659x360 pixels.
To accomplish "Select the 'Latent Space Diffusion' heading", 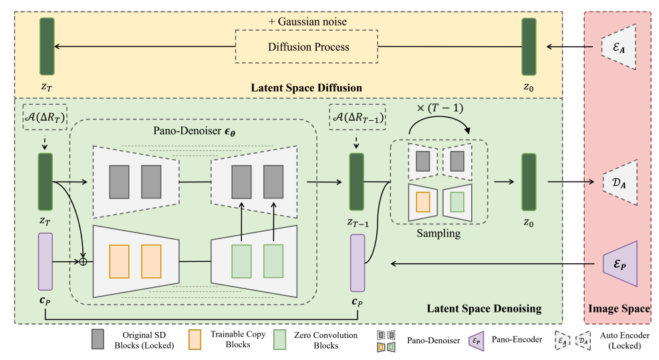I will point(306,87).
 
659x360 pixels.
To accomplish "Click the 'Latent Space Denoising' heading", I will point(484,308).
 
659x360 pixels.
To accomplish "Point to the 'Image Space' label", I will point(618,308).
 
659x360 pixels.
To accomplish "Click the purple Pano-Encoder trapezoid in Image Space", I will point(619,262).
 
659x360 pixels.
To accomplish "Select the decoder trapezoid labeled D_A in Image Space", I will point(619,181).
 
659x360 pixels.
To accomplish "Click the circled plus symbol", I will point(84,261).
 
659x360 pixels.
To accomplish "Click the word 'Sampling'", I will point(438,234).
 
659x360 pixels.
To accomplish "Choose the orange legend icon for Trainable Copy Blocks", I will point(196,339).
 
